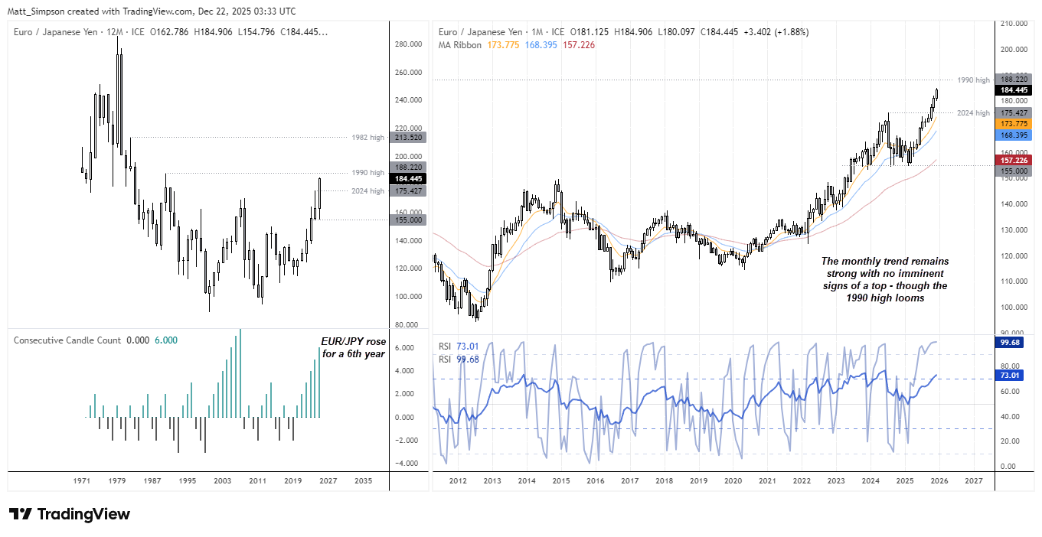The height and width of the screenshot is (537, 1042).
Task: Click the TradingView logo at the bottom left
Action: pos(69,514)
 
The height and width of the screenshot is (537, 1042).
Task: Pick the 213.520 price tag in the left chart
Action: pos(407,137)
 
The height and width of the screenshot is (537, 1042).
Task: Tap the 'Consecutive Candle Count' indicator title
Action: pos(67,340)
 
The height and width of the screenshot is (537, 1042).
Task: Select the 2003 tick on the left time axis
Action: pos(222,481)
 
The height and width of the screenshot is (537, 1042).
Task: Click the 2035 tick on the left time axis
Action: pos(363,481)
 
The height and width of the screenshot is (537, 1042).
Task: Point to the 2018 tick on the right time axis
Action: pos(664,481)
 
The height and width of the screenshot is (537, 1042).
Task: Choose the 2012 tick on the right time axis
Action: pos(458,481)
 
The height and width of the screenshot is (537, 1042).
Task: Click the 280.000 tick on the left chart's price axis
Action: pos(408,44)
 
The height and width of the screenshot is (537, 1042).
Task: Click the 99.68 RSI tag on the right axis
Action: pos(1011,343)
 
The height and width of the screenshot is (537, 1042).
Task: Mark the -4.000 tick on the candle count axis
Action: pos(407,464)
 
